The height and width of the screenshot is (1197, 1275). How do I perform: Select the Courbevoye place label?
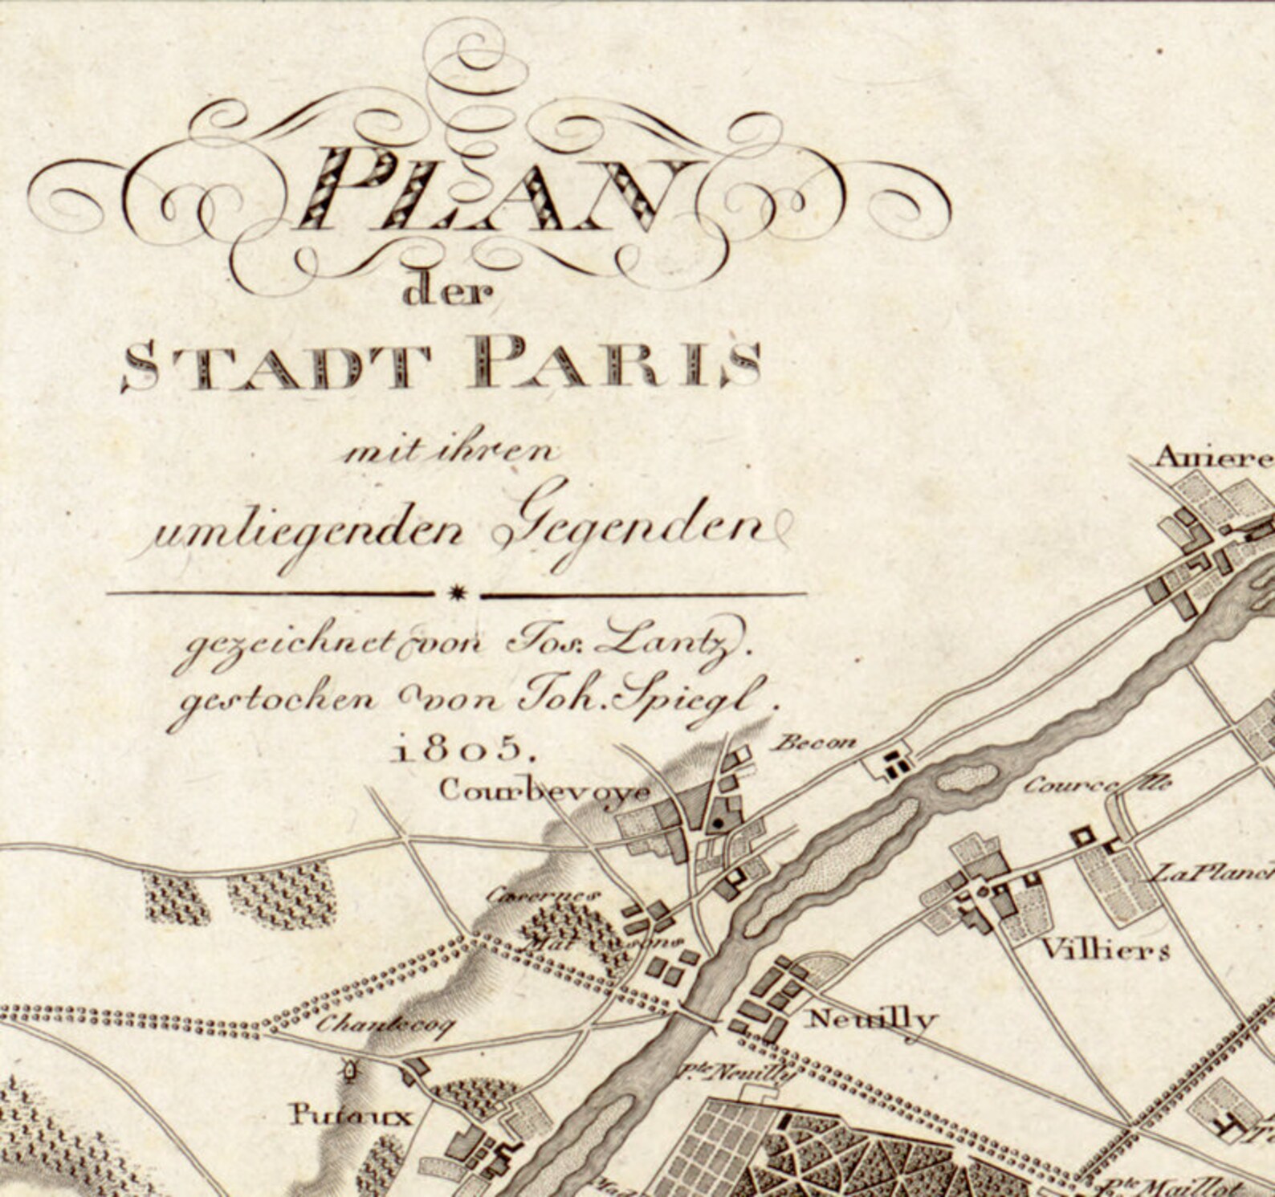coord(544,791)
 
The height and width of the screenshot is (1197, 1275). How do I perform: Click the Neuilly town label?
coord(870,1020)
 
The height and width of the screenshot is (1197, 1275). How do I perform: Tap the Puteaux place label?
coord(350,1115)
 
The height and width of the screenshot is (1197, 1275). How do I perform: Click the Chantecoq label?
coord(385,1024)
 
